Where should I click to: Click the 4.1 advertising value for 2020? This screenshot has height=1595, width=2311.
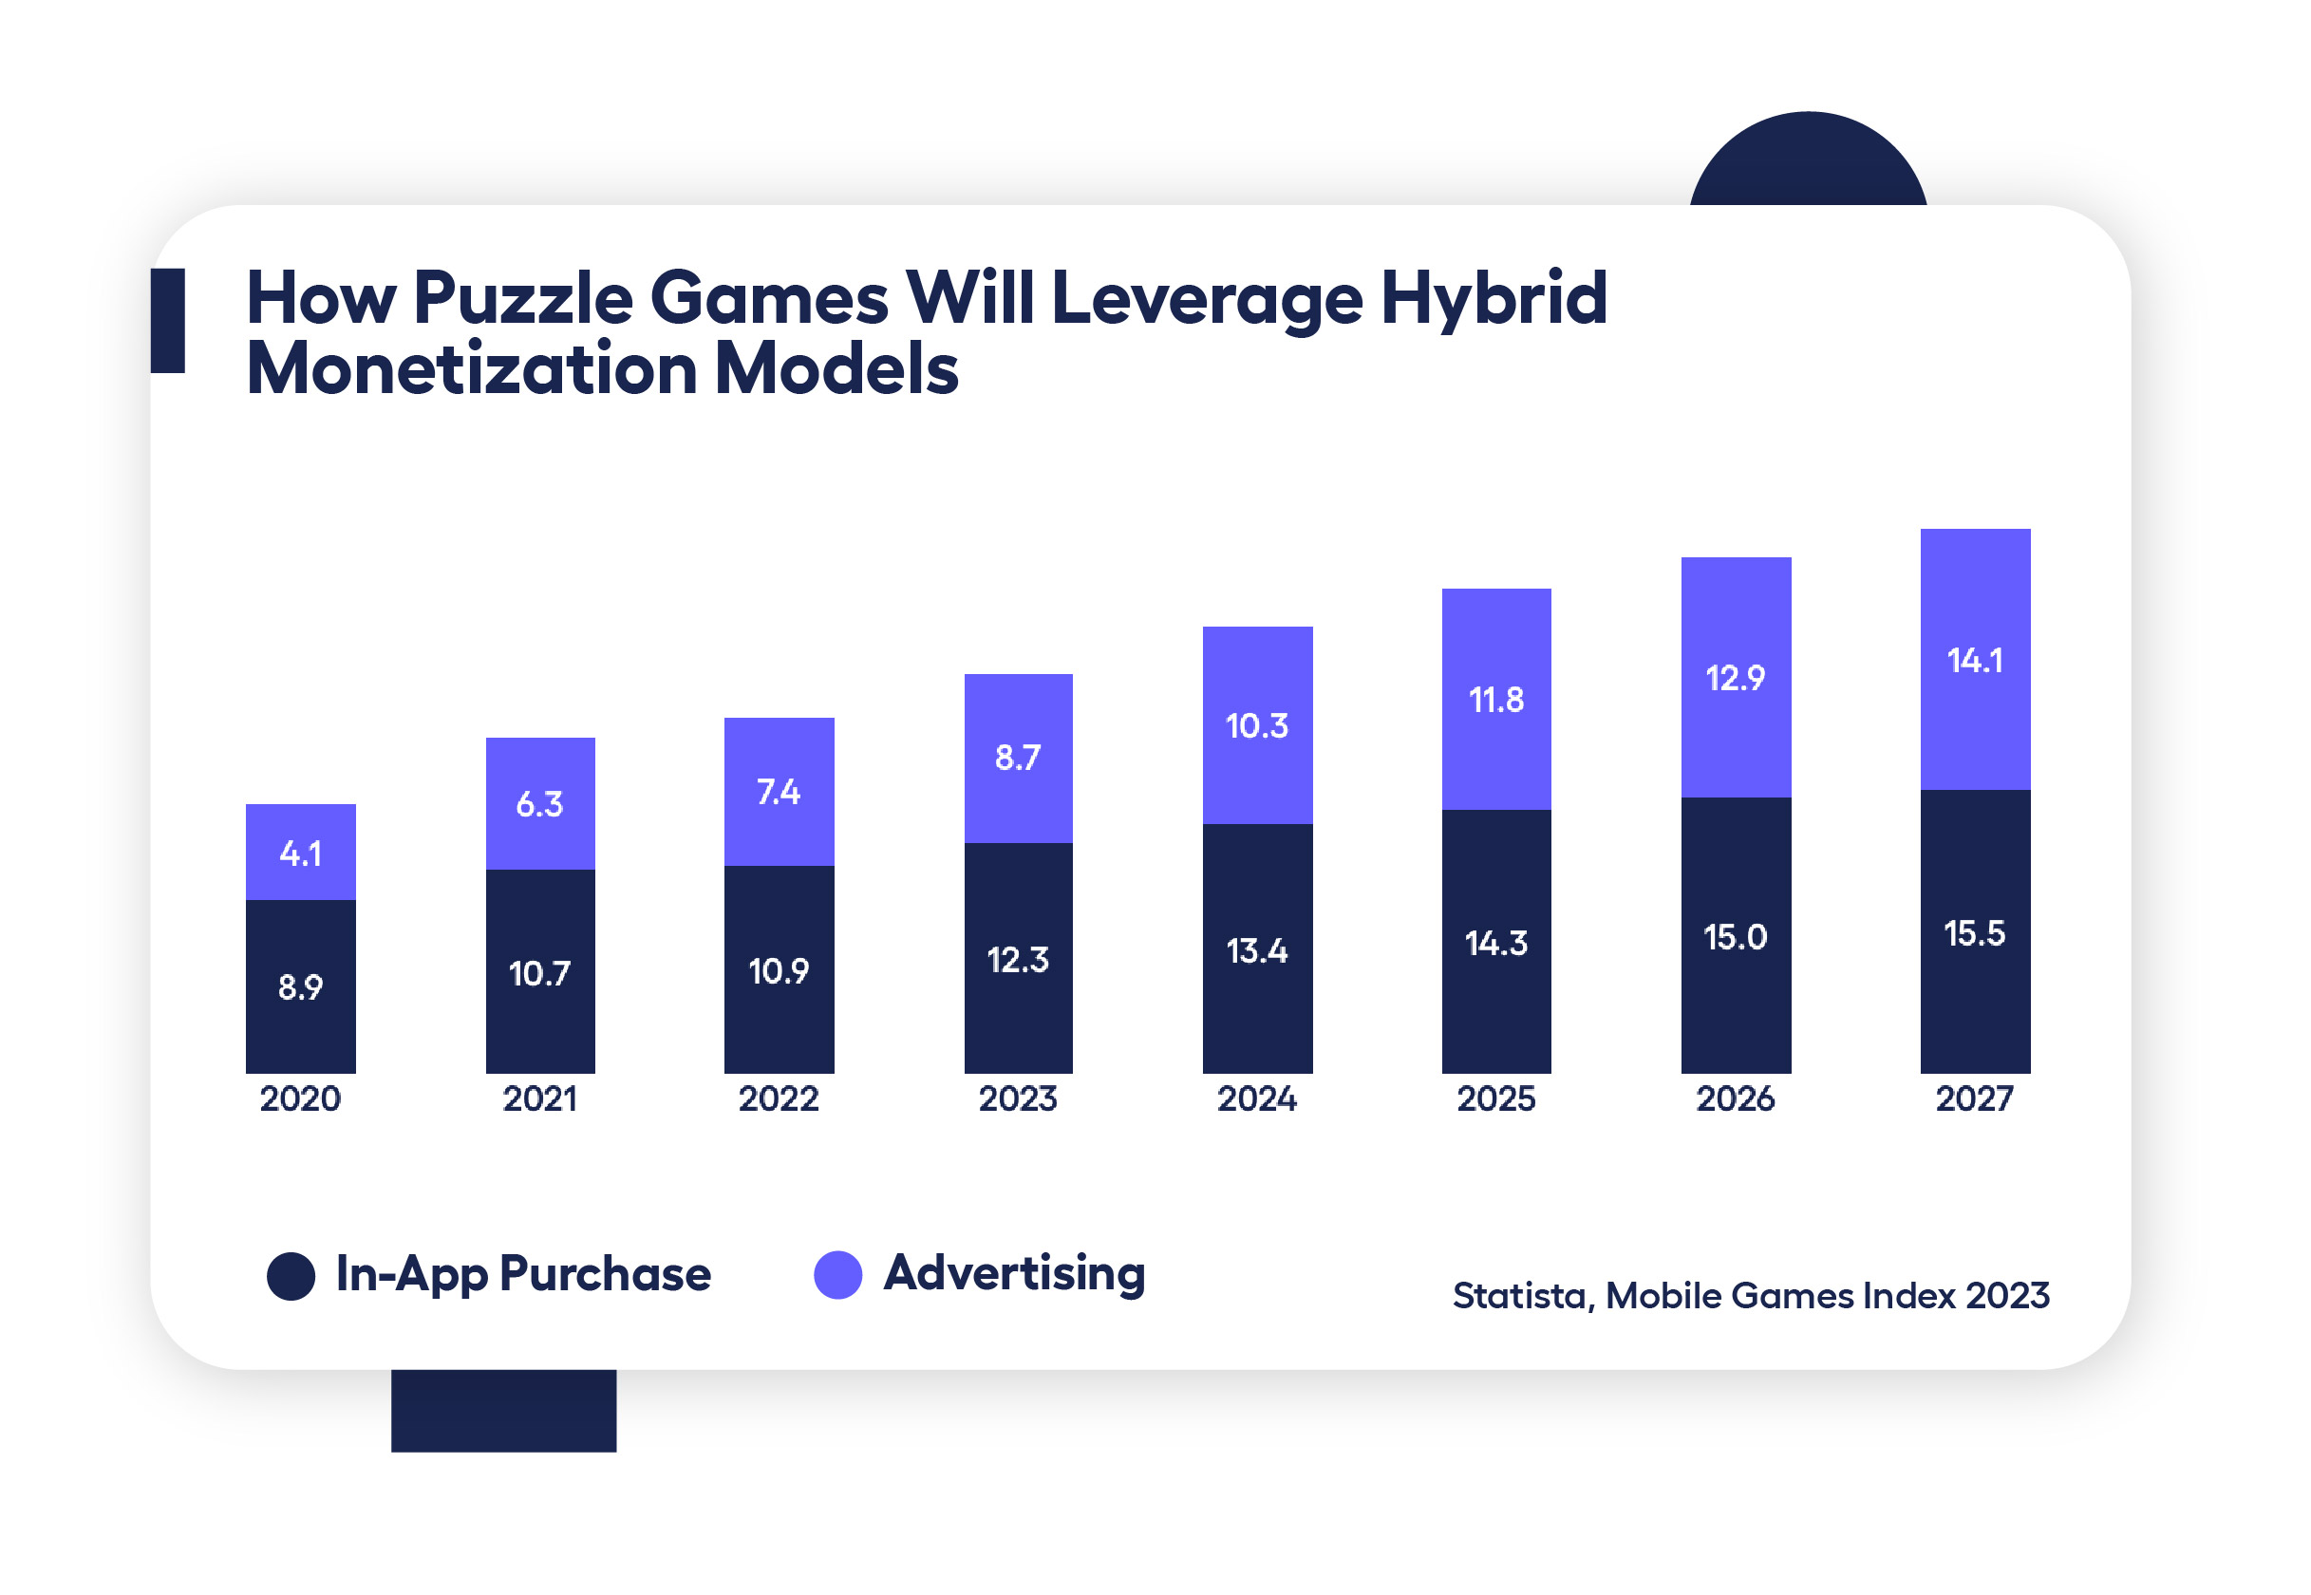pos(301,854)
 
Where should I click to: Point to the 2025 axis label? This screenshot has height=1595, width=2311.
pos(1495,1099)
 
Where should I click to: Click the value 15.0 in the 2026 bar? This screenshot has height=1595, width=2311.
pos(1736,937)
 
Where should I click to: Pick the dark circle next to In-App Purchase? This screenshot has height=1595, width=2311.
pos(291,1276)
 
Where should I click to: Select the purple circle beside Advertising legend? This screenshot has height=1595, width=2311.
pos(838,1275)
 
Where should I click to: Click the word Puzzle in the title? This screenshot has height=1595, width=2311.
pos(522,299)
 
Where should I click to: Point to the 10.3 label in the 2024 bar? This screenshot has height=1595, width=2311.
pos(1257,726)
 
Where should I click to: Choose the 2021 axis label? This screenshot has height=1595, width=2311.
pos(539,1099)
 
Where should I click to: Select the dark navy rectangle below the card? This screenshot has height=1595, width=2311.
pos(503,1410)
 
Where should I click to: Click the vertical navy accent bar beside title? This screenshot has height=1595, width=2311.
pos(168,320)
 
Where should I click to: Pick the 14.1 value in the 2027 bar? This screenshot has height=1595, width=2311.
pos(1975,662)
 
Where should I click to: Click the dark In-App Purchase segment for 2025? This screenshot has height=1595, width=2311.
pos(1495,1000)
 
